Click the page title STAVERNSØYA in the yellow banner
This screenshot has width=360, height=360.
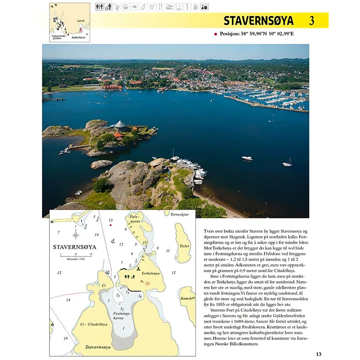click(258, 21)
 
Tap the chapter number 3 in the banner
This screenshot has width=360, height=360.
click(312, 21)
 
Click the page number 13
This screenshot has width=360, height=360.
click(319, 354)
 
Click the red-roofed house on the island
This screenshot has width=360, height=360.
click(119, 135)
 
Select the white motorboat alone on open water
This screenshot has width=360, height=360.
click(247, 158)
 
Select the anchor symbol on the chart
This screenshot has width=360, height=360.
click(112, 241)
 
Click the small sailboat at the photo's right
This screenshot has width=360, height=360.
click(287, 163)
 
